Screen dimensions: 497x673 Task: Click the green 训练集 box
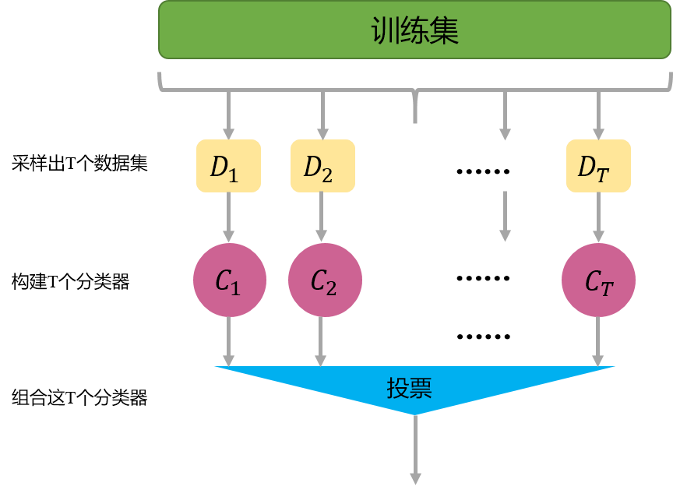point(414,30)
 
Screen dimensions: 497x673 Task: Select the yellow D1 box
point(228,166)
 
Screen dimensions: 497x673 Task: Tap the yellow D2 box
point(322,166)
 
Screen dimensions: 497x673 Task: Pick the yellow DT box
point(598,166)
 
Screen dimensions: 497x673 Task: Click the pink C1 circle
point(229,280)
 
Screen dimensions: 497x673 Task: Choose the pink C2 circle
point(324,280)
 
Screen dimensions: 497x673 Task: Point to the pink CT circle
point(598,280)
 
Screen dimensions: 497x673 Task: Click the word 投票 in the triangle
point(409,387)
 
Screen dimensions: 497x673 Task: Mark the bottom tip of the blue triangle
point(415,414)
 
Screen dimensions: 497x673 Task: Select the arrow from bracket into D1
point(228,115)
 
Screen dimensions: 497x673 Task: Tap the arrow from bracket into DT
point(598,115)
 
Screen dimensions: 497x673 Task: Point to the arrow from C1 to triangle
point(228,341)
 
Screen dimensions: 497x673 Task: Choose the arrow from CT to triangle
point(598,341)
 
